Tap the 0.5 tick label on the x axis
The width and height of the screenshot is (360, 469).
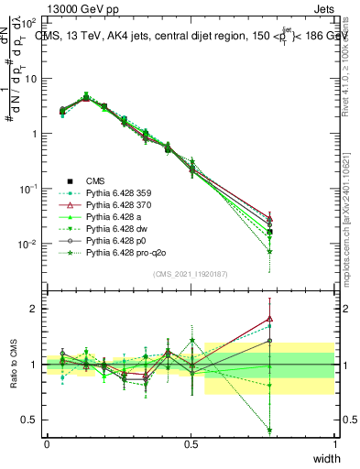coord(191,444)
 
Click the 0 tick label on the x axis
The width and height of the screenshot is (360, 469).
coord(47,444)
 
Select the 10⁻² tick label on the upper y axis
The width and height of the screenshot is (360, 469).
coord(29,245)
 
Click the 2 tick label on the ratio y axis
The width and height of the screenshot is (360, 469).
coord(35,309)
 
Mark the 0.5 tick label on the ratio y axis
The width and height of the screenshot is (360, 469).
coord(31,420)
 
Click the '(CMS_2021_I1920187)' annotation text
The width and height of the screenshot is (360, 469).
coord(191,272)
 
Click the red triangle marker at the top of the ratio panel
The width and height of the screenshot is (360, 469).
coord(269,319)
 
